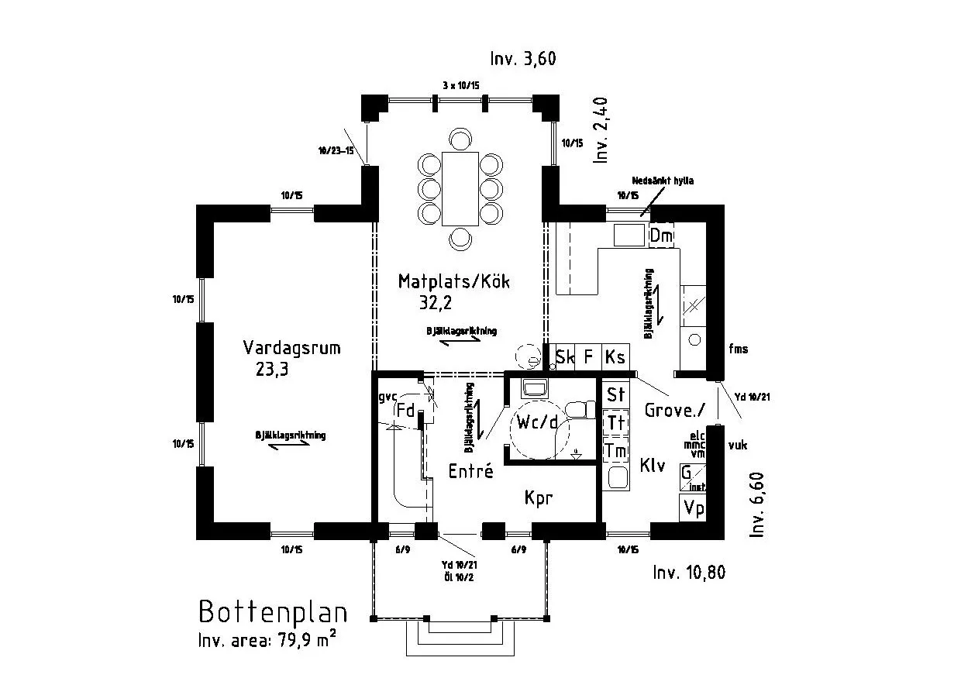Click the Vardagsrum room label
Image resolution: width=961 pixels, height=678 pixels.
click(x=291, y=348)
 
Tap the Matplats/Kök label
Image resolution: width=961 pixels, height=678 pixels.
click(x=453, y=281)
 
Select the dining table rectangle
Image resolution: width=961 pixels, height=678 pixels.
click(x=460, y=189)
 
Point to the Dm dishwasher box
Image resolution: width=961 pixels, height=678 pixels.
click(x=661, y=236)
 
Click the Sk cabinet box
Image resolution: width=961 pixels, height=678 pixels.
click(x=565, y=357)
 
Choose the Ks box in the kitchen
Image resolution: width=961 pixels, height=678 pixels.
click(x=615, y=357)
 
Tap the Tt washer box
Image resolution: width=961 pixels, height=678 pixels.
click(x=616, y=422)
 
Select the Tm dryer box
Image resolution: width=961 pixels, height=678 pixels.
click(x=616, y=449)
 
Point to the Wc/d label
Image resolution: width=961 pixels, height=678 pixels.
click(x=534, y=423)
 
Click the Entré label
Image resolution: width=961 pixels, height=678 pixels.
click(x=470, y=471)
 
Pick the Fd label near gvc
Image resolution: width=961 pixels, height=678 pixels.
click(x=405, y=410)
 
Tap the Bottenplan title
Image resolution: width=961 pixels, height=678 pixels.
click(x=273, y=611)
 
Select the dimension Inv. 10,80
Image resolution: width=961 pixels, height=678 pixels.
click(x=689, y=573)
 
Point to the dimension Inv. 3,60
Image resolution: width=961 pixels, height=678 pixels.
click(x=523, y=59)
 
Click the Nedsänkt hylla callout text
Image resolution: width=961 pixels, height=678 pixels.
click(x=663, y=181)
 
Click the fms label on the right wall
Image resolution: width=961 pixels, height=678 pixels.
click(x=739, y=349)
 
